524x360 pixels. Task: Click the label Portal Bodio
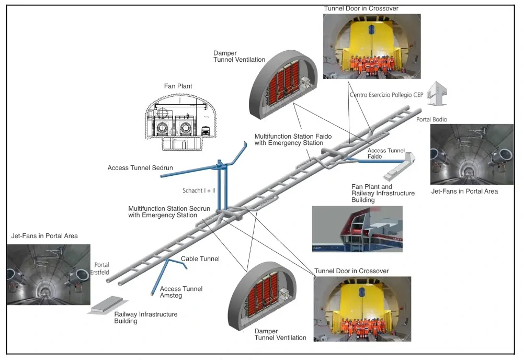coord(431,119)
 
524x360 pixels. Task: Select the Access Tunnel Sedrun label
coord(140,168)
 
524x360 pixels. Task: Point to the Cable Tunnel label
coord(200,258)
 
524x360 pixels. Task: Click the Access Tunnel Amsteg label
coord(181,292)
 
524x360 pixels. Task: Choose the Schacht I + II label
coord(199,190)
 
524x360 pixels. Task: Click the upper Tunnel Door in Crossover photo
coord(372,46)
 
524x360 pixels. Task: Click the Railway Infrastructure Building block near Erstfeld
coord(106,305)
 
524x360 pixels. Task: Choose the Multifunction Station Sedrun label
coord(169,211)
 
